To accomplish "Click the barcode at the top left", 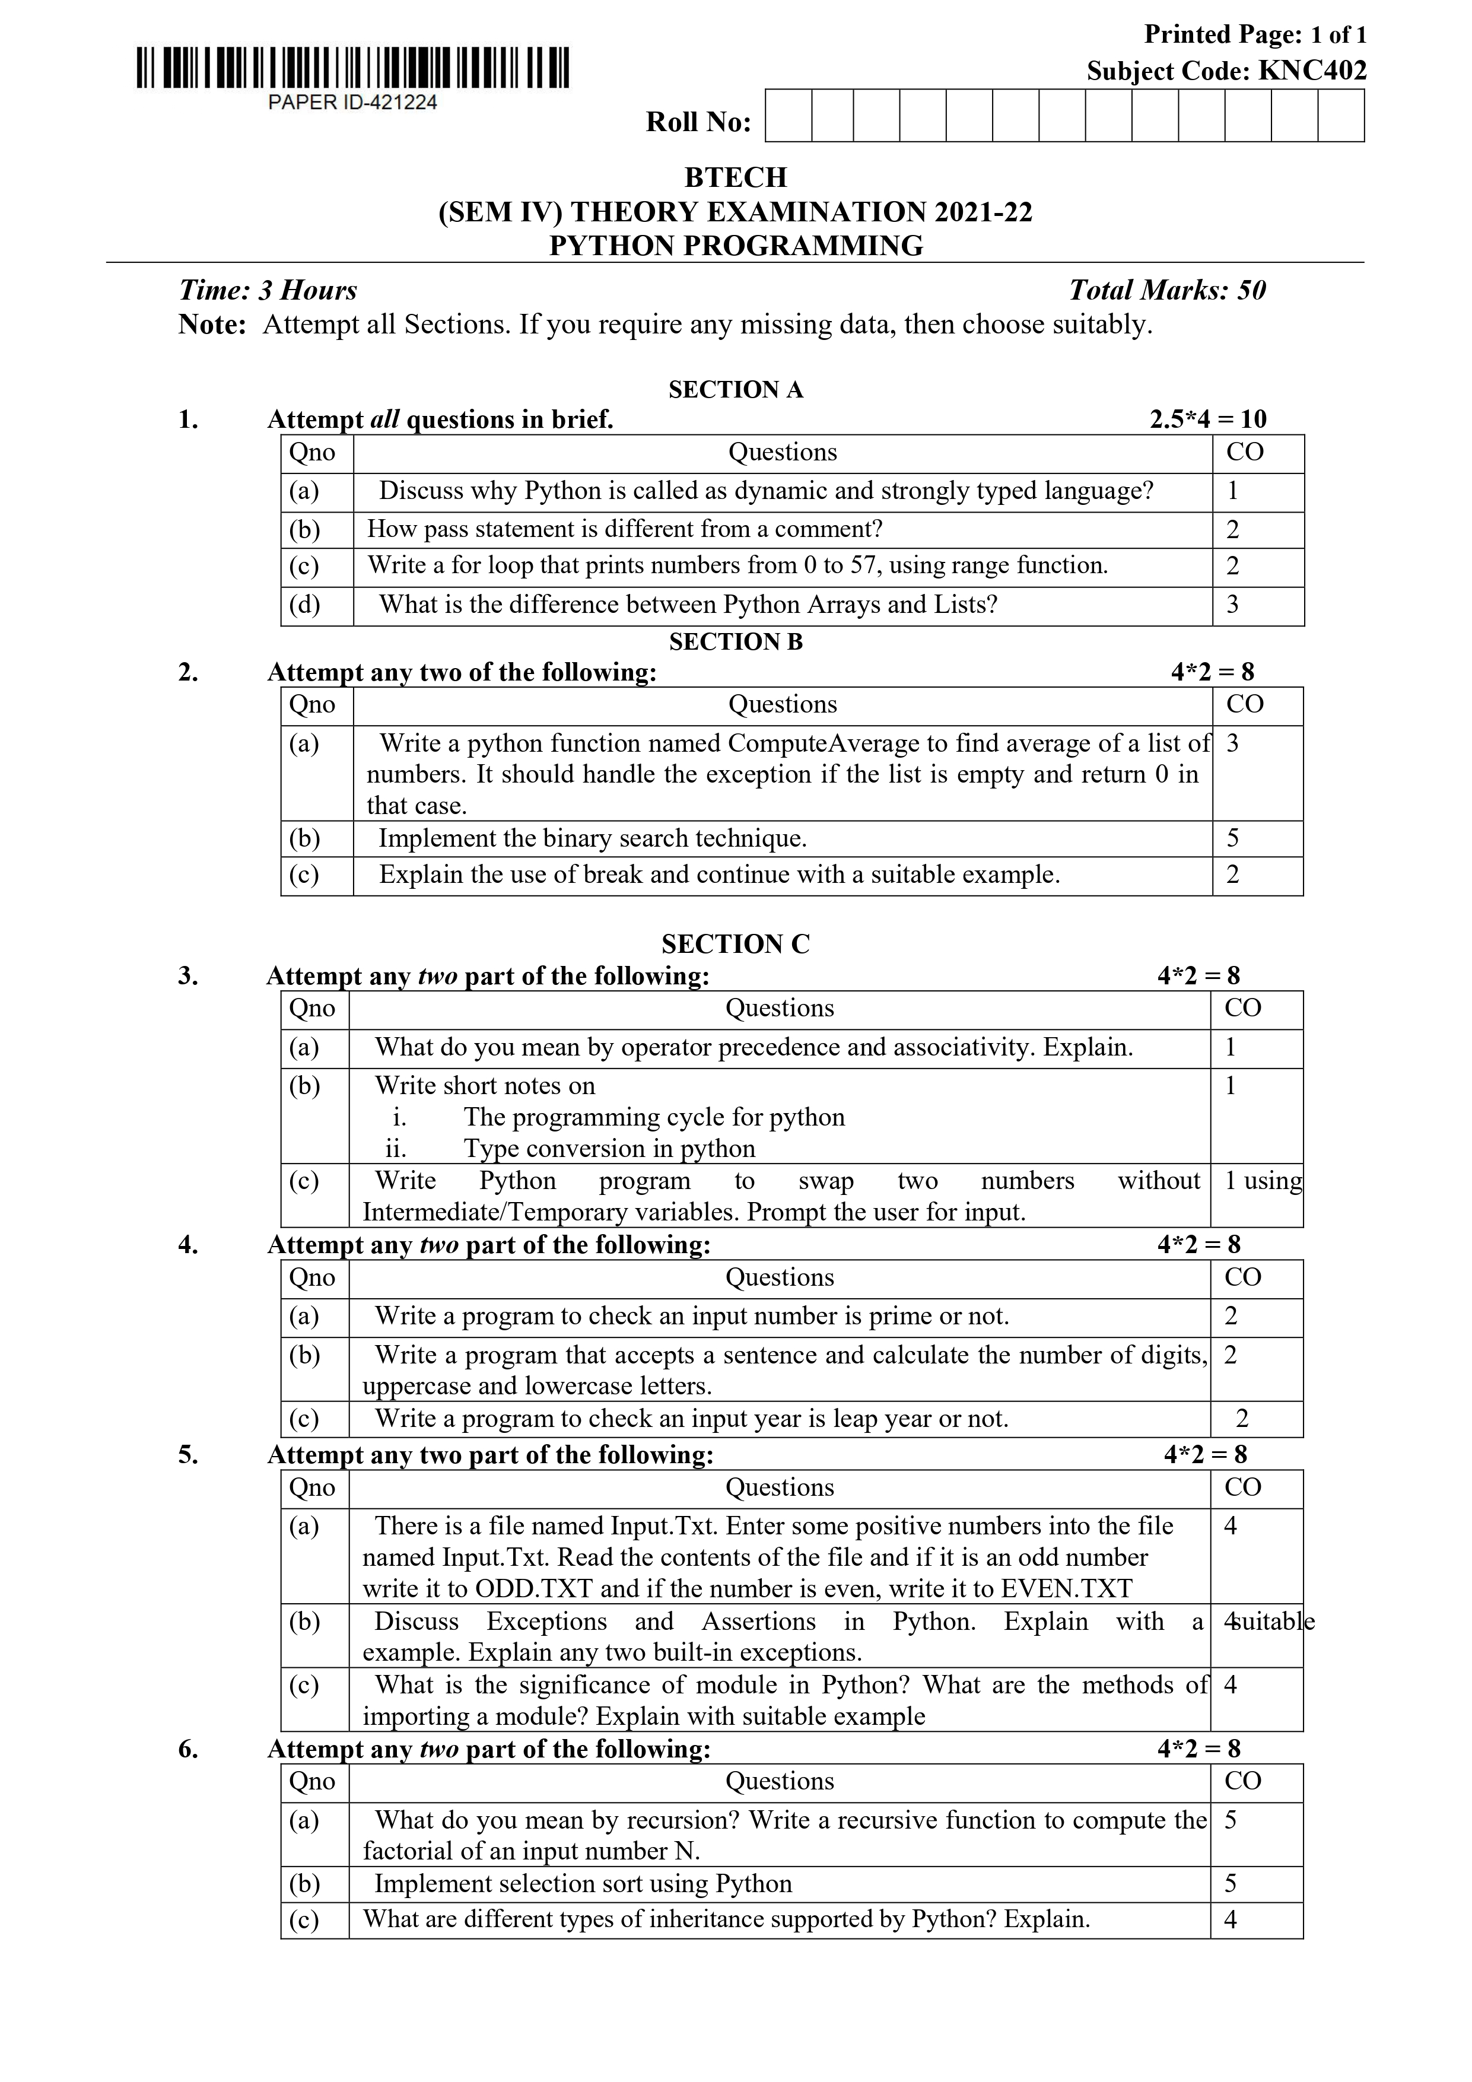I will (x=353, y=69).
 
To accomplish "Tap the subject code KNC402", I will (x=1311, y=71).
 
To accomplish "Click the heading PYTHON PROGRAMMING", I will (x=736, y=246).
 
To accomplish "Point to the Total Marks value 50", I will (x=1251, y=290).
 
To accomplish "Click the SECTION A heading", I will (x=736, y=390).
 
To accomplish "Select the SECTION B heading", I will (x=736, y=642).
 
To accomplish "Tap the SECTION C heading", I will (x=736, y=945).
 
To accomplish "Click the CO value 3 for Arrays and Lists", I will (x=1232, y=605).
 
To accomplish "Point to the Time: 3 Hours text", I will (x=268, y=290).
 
